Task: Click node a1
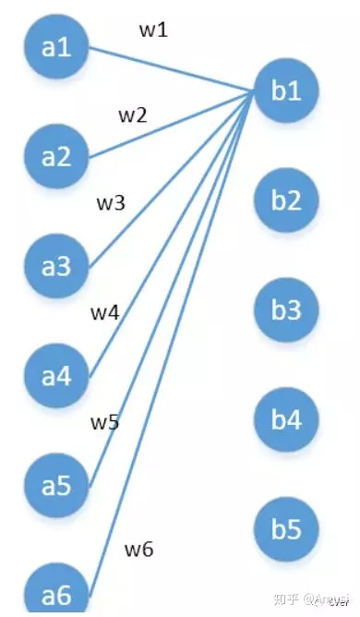click(56, 46)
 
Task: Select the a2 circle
click(56, 155)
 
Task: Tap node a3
click(56, 265)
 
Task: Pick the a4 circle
click(56, 375)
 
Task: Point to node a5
click(56, 484)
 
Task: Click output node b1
click(286, 91)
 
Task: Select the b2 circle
click(286, 200)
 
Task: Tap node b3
click(286, 309)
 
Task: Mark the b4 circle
click(286, 419)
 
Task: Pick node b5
click(286, 528)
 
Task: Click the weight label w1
click(153, 30)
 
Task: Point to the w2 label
click(133, 116)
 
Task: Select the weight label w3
click(111, 203)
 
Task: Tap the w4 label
click(104, 312)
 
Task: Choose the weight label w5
click(104, 422)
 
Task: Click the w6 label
click(138, 550)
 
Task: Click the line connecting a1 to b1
click(166, 70)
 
